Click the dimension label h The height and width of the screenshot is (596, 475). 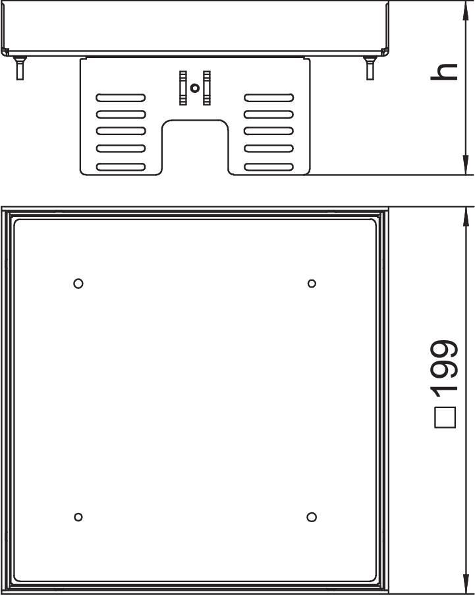pyautogui.click(x=444, y=72)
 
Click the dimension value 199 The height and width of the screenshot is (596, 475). pyautogui.click(x=445, y=368)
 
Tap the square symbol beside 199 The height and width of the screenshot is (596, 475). pyautogui.click(x=445, y=418)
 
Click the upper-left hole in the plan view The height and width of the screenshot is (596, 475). pyautogui.click(x=78, y=283)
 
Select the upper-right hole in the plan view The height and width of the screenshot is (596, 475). pyautogui.click(x=312, y=283)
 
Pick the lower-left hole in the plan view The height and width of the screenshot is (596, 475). pyautogui.click(x=78, y=517)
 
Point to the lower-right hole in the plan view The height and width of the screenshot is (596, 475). pyautogui.click(x=312, y=517)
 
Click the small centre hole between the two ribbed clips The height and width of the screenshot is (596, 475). pyautogui.click(x=195, y=88)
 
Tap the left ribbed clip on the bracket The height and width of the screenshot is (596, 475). pyautogui.click(x=183, y=88)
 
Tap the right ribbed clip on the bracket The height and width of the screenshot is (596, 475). pyautogui.click(x=207, y=88)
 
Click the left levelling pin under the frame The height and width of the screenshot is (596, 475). pyautogui.click(x=20, y=68)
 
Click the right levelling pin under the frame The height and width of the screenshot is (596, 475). pyautogui.click(x=370, y=68)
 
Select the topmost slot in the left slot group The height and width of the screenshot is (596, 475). pyautogui.click(x=121, y=98)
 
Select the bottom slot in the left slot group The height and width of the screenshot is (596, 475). pyautogui.click(x=121, y=167)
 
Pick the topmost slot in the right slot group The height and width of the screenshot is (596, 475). pyautogui.click(x=269, y=98)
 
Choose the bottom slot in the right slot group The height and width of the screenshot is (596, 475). pyautogui.click(x=269, y=167)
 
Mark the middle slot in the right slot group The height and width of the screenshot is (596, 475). pyautogui.click(x=269, y=131)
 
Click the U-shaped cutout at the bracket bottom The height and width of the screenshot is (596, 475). pyautogui.click(x=195, y=121)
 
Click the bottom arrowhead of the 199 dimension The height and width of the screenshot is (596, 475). pyautogui.click(x=465, y=585)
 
